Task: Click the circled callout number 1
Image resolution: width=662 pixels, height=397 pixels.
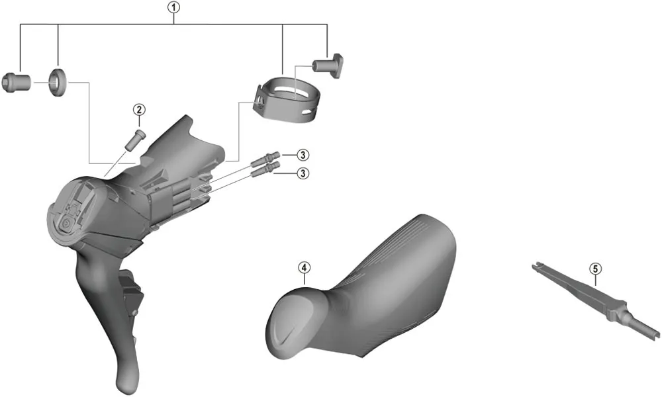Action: [173, 8]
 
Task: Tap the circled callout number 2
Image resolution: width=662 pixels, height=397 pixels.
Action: [138, 110]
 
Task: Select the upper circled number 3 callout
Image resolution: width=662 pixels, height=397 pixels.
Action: [302, 155]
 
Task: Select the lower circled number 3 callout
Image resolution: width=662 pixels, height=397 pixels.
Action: [302, 173]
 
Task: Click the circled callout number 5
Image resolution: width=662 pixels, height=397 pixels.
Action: [595, 269]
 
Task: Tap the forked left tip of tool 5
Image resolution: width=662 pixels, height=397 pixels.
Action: [536, 268]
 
